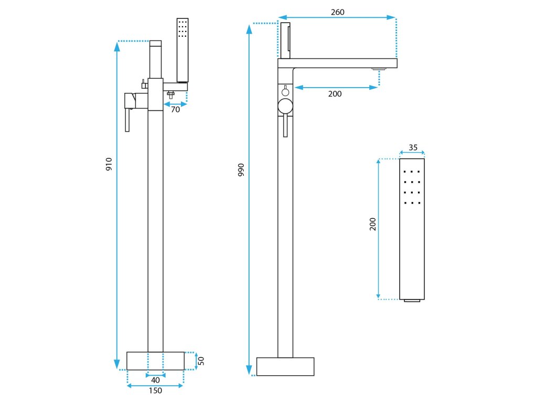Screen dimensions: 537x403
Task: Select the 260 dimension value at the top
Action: point(338,12)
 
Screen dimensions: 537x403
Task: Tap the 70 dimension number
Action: point(175,110)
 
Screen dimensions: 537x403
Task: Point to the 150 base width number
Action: point(155,390)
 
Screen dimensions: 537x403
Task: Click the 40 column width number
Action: point(155,379)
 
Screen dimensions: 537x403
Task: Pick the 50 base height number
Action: point(201,361)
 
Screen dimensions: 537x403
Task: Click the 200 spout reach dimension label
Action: point(335,94)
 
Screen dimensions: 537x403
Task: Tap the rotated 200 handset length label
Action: point(373,224)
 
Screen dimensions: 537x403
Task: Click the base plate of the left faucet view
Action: point(155,361)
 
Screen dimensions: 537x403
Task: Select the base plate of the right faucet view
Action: point(285,366)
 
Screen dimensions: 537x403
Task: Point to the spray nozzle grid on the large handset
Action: point(412,187)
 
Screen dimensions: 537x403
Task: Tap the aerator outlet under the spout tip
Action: point(379,69)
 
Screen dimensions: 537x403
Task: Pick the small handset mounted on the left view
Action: point(182,50)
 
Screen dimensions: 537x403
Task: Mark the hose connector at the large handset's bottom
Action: point(412,301)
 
